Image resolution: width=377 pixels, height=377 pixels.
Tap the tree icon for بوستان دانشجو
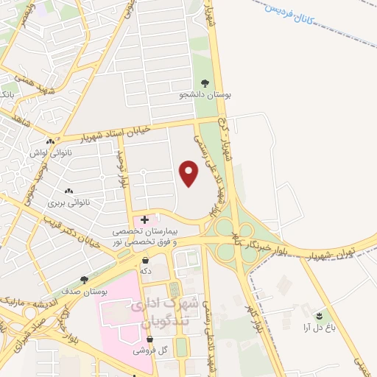point(205,83)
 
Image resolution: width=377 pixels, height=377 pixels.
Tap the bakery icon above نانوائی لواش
point(50,141)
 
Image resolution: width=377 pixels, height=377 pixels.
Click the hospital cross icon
point(144,219)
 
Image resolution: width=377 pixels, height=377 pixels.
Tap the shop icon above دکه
point(146,260)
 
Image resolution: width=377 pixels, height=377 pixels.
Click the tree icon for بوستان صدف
point(83,281)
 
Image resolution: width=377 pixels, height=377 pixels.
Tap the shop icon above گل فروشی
point(150,339)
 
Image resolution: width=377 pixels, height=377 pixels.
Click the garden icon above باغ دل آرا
point(319,315)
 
